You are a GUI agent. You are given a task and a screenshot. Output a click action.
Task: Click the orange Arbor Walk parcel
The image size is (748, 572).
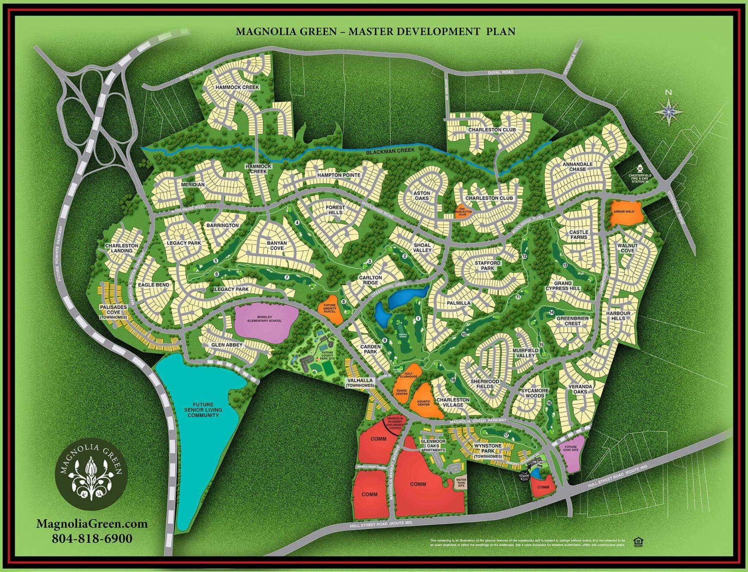625,213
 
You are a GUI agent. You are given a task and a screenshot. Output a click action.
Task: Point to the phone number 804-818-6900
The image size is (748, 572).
92,539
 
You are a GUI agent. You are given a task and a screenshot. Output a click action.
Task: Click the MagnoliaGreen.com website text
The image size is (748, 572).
92,523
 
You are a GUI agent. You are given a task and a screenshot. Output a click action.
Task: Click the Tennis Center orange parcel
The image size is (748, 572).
401,392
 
